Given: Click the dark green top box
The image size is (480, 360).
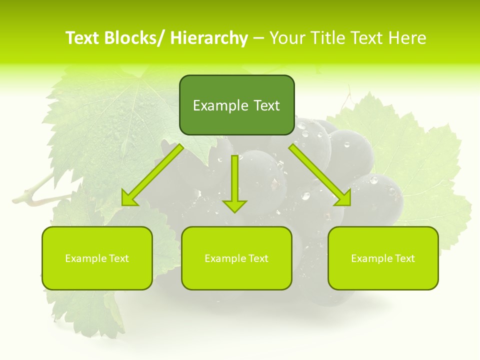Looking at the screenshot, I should tap(236, 105).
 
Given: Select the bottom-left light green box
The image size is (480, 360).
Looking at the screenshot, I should tap(97, 258).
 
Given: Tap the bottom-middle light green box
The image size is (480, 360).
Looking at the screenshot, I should tap(236, 258).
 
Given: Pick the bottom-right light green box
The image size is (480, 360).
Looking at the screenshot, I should tap(383, 258).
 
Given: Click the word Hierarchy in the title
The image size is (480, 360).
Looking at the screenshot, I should tap(209, 38).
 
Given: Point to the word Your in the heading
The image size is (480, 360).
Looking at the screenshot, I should tap(287, 38).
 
